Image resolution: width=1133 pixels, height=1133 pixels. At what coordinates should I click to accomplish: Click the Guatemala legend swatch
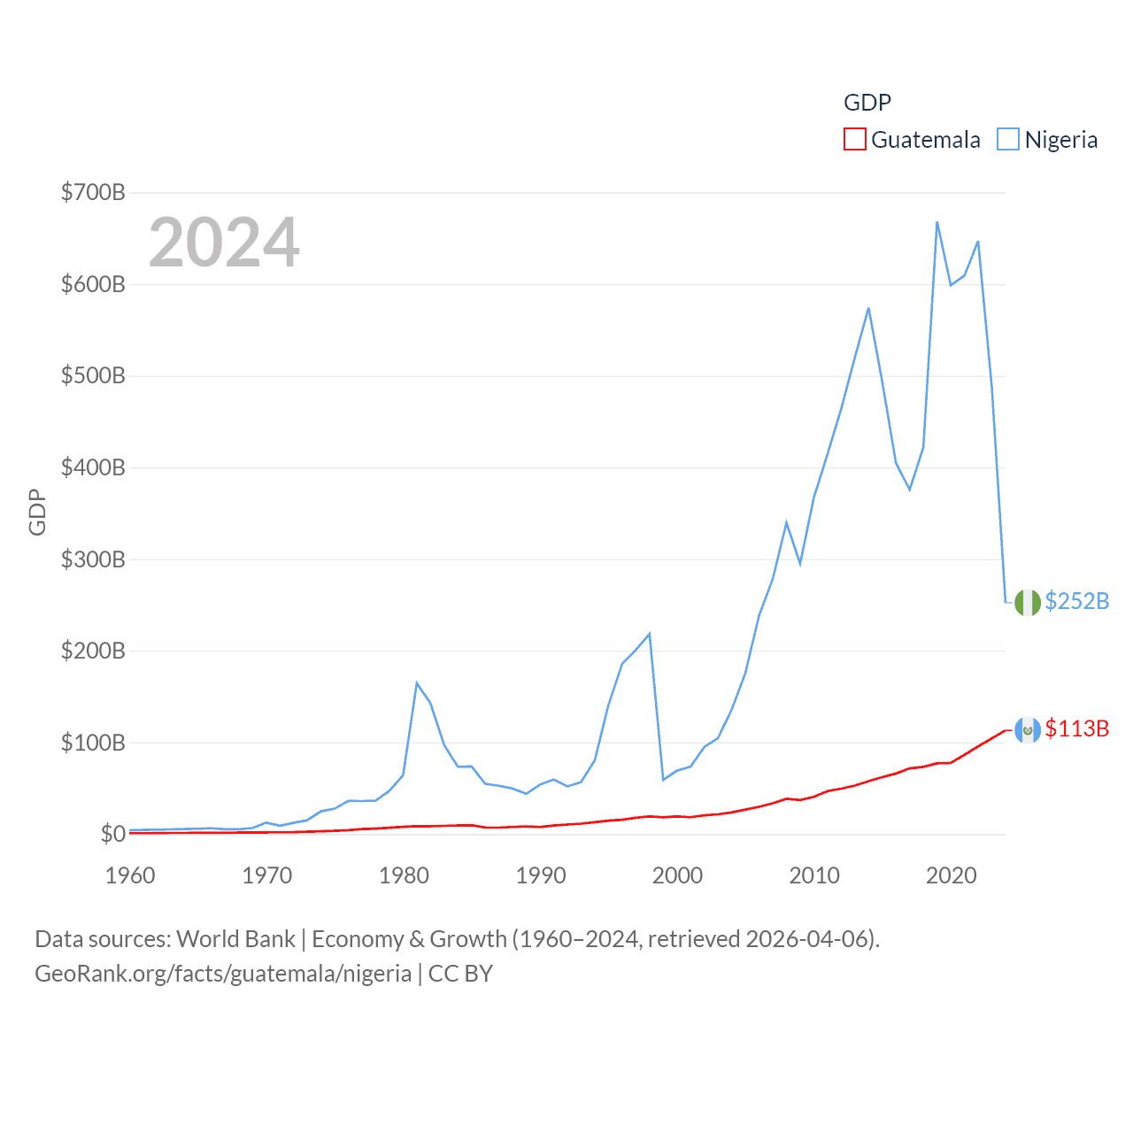point(854,140)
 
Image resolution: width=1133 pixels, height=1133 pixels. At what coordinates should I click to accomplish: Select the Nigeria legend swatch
point(1007,140)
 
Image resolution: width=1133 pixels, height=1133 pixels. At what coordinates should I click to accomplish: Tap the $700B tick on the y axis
point(93,192)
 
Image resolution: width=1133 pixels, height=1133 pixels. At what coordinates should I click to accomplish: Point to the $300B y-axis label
point(93,559)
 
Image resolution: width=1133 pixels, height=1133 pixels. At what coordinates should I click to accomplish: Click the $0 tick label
point(112,834)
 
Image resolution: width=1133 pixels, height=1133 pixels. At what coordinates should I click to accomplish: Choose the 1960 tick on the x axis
point(130,875)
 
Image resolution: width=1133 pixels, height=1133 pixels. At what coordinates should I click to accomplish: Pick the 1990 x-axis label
point(541,875)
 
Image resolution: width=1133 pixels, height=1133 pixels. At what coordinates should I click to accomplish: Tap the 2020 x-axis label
point(951,875)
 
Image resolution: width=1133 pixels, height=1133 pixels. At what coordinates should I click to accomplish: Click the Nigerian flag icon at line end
point(1027,603)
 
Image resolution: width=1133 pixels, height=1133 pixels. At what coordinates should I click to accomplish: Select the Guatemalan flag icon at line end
point(1027,730)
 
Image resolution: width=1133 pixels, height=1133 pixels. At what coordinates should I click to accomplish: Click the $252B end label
point(1076,601)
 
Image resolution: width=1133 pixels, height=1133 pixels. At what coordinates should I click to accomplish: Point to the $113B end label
point(1076,728)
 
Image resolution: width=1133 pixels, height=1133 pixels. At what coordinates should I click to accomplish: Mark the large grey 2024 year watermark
point(224,243)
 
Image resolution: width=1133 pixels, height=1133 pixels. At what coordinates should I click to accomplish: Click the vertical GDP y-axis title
point(37,512)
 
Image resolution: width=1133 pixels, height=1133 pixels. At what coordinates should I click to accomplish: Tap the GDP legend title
point(867,103)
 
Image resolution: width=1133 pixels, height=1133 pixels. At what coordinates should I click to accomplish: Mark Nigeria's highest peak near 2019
point(936,222)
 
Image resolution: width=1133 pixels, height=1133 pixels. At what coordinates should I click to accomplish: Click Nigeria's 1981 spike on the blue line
point(417,683)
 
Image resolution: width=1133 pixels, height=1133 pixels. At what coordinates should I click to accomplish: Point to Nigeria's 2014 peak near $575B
point(868,308)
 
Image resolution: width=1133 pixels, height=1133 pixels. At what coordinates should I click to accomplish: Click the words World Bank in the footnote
point(235,938)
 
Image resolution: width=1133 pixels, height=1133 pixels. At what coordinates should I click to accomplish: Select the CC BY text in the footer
point(460,974)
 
